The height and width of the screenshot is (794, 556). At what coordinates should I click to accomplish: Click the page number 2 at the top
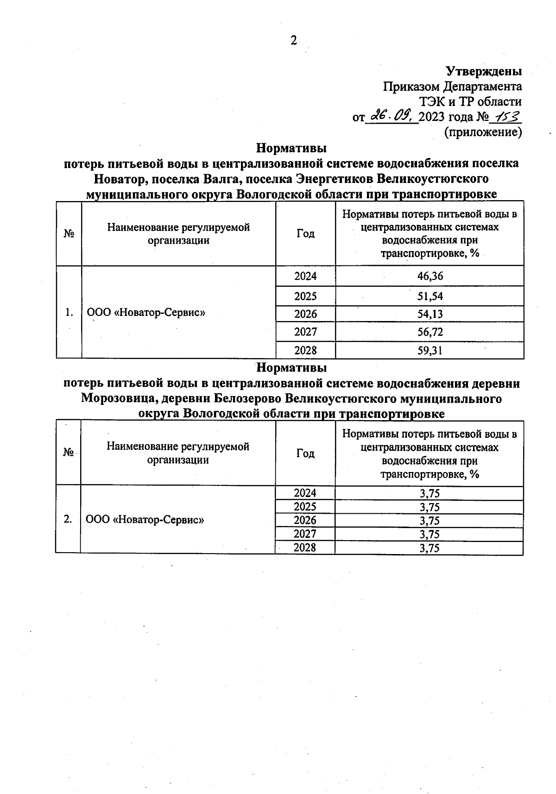pyautogui.click(x=293, y=41)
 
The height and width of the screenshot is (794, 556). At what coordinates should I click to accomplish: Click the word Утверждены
pyautogui.click(x=484, y=71)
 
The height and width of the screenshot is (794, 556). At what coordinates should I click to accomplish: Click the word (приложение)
pyautogui.click(x=483, y=132)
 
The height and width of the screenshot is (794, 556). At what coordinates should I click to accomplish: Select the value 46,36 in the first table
pyautogui.click(x=430, y=277)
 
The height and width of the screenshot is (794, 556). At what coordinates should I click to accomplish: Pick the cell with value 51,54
pyautogui.click(x=430, y=296)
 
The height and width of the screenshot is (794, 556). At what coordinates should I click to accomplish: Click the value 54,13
pyautogui.click(x=430, y=314)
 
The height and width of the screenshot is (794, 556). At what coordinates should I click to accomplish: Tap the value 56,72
pyautogui.click(x=430, y=332)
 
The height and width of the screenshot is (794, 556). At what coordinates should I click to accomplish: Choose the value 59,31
pyautogui.click(x=430, y=351)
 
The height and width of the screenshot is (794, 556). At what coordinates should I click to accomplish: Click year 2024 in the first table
pyautogui.click(x=305, y=277)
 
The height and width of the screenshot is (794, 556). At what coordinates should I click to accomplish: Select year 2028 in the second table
pyautogui.click(x=305, y=548)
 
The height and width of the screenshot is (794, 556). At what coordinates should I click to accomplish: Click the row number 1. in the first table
pyautogui.click(x=69, y=312)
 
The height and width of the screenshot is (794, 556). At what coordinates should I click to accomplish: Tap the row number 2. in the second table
pyautogui.click(x=68, y=519)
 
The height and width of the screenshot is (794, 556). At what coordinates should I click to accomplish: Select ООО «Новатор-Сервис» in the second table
pyautogui.click(x=145, y=520)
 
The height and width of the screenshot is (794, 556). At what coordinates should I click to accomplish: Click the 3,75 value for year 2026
pyautogui.click(x=430, y=521)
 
